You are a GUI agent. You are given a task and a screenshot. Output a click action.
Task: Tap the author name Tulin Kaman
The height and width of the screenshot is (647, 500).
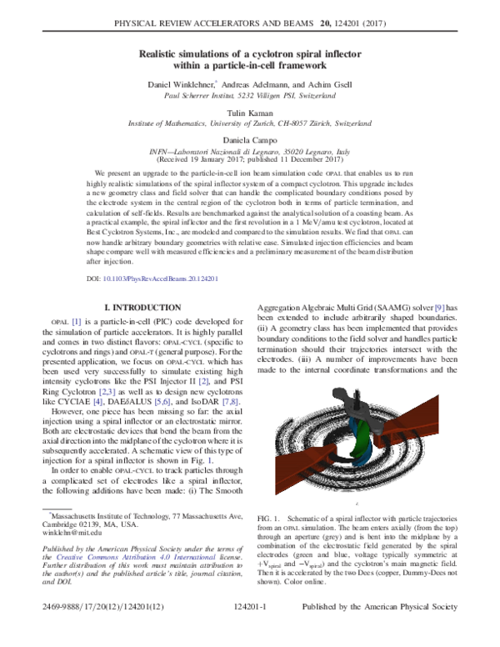click(250, 111)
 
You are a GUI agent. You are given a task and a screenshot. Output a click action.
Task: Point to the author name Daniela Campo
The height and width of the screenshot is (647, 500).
click(250, 139)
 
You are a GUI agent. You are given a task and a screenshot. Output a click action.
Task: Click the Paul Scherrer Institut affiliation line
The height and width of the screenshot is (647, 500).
click(250, 96)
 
